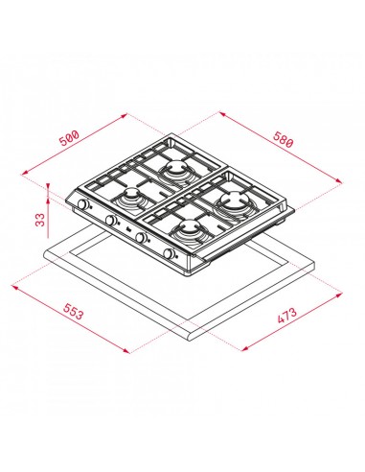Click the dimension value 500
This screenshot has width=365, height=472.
coord(69,139)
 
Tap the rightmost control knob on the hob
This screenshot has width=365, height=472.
coord(171,253)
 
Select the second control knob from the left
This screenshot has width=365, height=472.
coord(111,221)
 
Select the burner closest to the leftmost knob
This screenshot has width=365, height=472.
coord(130,200)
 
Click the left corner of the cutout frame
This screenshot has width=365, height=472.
coord(46,252)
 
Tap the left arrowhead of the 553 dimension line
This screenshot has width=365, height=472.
coord(14,285)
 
